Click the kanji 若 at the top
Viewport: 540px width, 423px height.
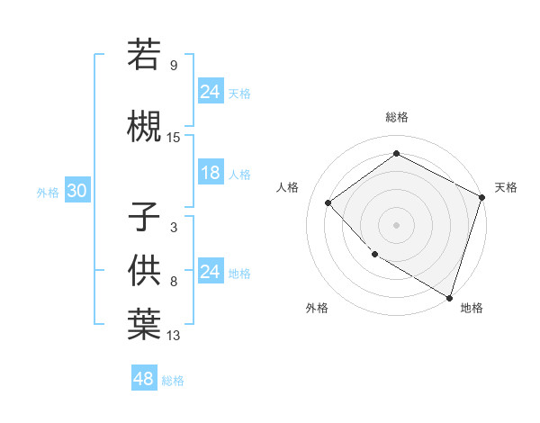point(144,55)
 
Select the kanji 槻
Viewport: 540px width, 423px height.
point(144,126)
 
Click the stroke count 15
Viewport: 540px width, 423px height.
point(174,138)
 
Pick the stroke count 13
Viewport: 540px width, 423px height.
point(174,336)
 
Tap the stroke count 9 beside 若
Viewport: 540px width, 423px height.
point(174,66)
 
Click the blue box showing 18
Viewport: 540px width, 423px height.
point(211,174)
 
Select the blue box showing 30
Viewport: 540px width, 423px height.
point(76,192)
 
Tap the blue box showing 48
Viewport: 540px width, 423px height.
point(143,379)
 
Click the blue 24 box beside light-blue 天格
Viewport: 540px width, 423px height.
point(211,92)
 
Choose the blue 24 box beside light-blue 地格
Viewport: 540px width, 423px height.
point(211,272)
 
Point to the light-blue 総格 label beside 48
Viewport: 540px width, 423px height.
point(173,381)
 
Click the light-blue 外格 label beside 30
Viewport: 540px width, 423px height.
point(48,193)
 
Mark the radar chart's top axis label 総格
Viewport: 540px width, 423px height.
point(396,117)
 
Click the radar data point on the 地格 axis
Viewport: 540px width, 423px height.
point(449,297)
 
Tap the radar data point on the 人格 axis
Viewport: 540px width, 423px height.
point(328,202)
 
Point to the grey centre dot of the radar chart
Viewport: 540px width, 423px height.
point(396,224)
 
